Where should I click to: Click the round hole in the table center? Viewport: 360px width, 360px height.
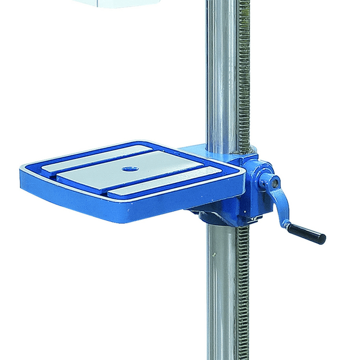point(127,169)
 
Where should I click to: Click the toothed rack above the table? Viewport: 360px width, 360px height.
point(243,72)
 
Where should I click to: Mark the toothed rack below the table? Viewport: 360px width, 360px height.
point(242,288)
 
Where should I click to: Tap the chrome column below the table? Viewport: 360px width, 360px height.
point(220,288)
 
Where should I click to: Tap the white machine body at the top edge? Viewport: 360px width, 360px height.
point(120,3)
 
